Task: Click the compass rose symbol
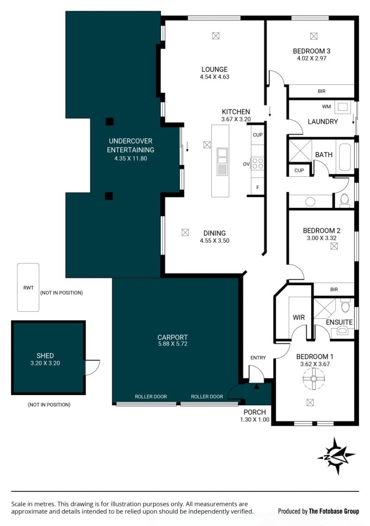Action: tap(336, 456)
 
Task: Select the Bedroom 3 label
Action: tap(311, 51)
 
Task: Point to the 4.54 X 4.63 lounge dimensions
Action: tap(215, 77)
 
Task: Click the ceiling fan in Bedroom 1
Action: tap(314, 378)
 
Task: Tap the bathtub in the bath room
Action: tap(345, 157)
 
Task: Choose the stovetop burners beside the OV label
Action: tap(258, 164)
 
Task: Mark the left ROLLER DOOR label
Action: tap(151, 396)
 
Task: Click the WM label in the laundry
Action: tap(327, 106)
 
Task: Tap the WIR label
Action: tap(299, 317)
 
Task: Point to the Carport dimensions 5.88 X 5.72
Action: tap(173, 344)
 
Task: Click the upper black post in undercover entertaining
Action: tap(110, 121)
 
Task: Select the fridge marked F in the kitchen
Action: tap(258, 187)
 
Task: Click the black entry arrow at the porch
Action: tap(256, 387)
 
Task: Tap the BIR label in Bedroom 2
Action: tap(334, 289)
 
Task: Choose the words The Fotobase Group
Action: tap(334, 511)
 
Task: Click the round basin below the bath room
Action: tap(310, 202)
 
